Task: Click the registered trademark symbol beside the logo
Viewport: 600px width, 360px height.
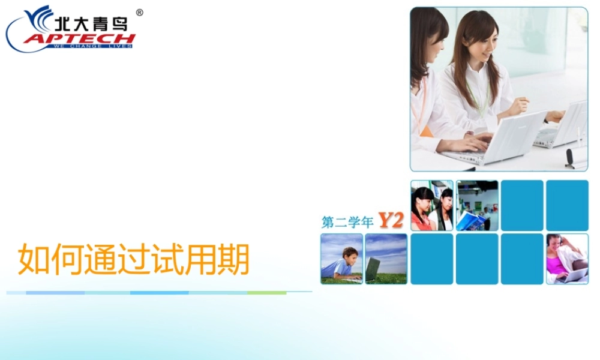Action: pyautogui.click(x=140, y=12)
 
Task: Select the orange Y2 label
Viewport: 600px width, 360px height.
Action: pyautogui.click(x=391, y=221)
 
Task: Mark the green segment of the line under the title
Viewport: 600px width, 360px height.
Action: pyautogui.click(x=267, y=293)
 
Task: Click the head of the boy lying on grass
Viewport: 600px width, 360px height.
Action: pyautogui.click(x=350, y=253)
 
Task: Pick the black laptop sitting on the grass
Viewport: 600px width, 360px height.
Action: pyautogui.click(x=373, y=268)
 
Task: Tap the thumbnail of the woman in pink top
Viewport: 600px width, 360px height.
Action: pyautogui.click(x=567, y=259)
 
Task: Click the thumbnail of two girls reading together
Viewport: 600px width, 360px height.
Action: pyautogui.click(x=432, y=205)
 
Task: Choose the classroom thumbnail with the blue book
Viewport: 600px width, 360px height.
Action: pyautogui.click(x=477, y=205)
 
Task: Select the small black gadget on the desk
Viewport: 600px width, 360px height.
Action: pyautogui.click(x=569, y=157)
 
